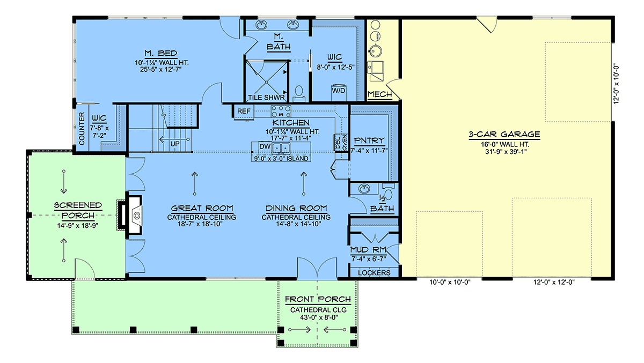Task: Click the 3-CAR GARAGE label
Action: pos(504,135)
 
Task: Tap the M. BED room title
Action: pos(161,54)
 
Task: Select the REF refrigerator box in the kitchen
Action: pos(244,111)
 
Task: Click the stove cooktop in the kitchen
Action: pos(281,111)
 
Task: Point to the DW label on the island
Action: pos(265,146)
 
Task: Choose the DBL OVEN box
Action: pos(341,143)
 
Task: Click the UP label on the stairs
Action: pos(175,144)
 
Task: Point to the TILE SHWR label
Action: pos(266,98)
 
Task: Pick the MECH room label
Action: pos(379,94)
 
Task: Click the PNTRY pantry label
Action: pos(369,140)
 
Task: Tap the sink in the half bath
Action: pos(364,188)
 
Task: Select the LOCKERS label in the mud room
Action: pos(375,273)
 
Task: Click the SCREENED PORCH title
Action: pos(78,211)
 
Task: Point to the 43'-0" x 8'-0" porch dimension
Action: pos(318,317)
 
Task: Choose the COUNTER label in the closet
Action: pos(82,128)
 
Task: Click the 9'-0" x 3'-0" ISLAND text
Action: pos(281,159)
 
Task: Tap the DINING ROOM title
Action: pos(296,208)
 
